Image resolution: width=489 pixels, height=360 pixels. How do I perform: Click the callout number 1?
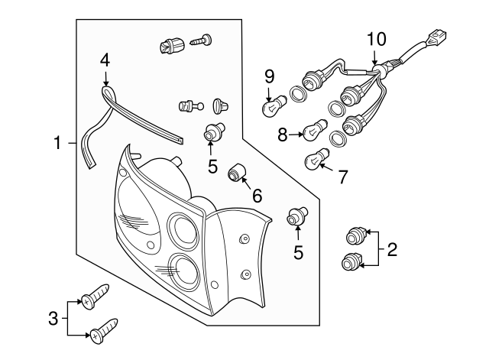57,143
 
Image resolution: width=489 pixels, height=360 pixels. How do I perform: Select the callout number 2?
392,248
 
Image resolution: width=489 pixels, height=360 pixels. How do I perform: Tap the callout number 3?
53,317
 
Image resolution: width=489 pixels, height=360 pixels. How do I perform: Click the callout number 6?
257,196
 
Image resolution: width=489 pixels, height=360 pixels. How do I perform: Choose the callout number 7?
342,177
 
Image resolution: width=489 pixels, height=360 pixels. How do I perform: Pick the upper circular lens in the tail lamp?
183,228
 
